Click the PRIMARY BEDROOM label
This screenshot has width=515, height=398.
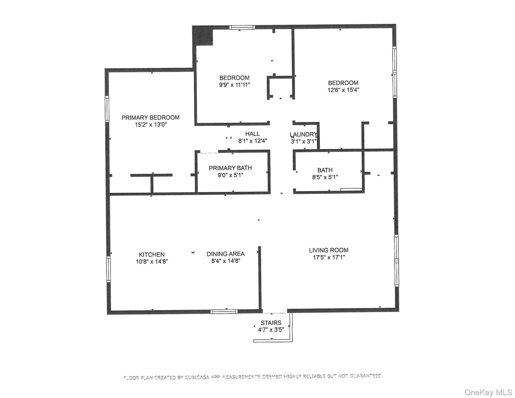[x=150, y=118]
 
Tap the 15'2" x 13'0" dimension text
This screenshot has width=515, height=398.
[x=151, y=125]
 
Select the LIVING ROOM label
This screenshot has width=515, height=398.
[x=328, y=250]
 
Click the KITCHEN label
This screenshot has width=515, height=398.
[x=152, y=254]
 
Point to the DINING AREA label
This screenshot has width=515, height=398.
[x=225, y=254]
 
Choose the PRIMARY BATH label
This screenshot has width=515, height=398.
[x=230, y=168]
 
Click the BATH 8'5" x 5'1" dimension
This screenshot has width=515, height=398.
[x=325, y=177]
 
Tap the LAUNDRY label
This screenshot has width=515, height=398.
[x=303, y=134]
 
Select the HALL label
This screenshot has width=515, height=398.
[x=252, y=134]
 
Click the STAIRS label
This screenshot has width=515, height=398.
[x=271, y=323]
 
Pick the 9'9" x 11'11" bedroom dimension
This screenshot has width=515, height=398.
[x=234, y=85]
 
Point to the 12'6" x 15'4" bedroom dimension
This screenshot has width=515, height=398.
[x=343, y=90]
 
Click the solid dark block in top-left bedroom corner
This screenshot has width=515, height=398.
[x=202, y=35]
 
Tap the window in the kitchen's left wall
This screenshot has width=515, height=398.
[x=109, y=269]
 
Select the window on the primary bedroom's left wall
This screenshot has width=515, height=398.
[x=107, y=109]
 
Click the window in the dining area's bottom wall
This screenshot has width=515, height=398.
[x=224, y=311]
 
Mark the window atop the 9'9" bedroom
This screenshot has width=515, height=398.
[x=242, y=27]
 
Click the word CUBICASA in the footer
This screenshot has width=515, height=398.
[x=197, y=378]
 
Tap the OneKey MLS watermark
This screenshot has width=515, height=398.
[x=488, y=392]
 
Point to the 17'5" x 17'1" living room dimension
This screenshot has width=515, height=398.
[x=328, y=257]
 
